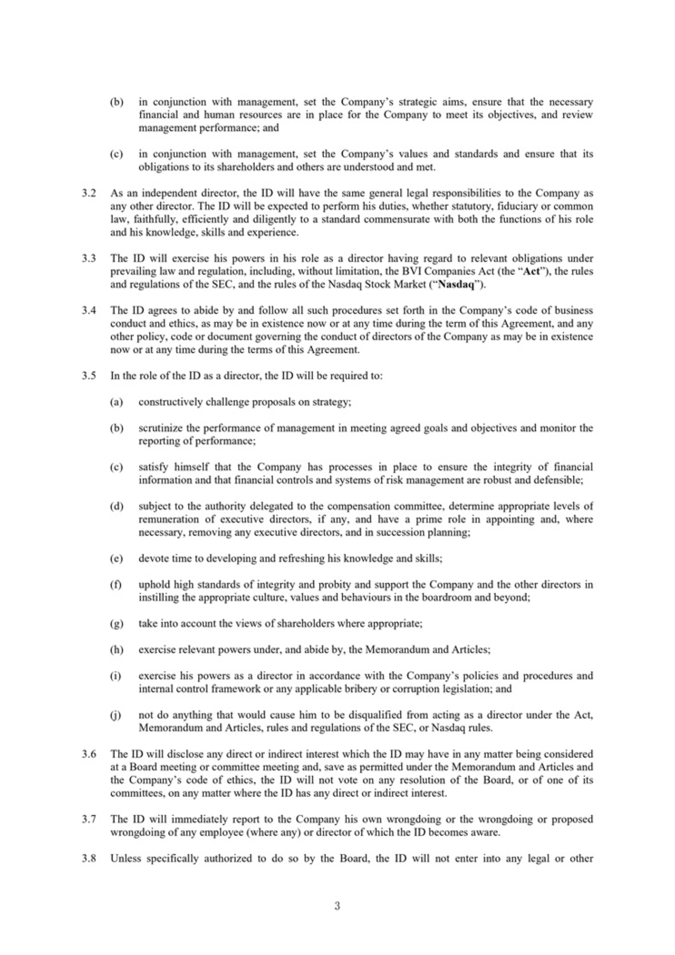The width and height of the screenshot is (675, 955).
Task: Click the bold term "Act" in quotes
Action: (x=531, y=272)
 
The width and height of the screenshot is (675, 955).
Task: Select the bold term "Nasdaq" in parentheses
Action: (x=459, y=285)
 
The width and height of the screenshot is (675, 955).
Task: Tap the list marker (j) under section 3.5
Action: (x=116, y=715)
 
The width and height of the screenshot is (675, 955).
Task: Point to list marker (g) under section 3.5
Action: (x=116, y=624)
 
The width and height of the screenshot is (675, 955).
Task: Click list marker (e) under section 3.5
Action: (x=116, y=558)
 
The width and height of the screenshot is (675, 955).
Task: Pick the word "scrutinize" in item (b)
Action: (x=161, y=428)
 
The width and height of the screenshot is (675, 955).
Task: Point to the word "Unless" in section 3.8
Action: (x=126, y=859)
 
